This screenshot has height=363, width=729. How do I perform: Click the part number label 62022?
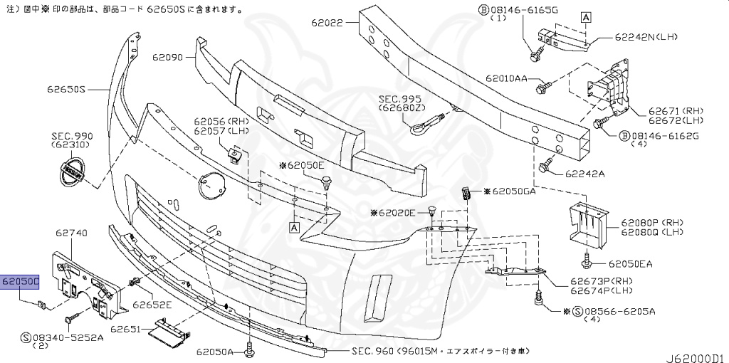[x=327, y=23]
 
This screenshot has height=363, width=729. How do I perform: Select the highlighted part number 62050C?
[x=20, y=282]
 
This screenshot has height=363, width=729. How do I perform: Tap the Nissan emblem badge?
[x=71, y=173]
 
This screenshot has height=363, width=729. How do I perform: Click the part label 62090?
[x=167, y=56]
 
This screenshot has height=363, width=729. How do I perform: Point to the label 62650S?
[x=66, y=90]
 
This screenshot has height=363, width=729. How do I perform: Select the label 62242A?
[x=585, y=173]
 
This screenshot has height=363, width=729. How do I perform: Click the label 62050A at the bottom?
[x=216, y=352]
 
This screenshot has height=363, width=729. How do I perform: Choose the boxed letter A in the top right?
[x=585, y=17]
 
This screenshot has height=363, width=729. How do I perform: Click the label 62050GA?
[x=514, y=192]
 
